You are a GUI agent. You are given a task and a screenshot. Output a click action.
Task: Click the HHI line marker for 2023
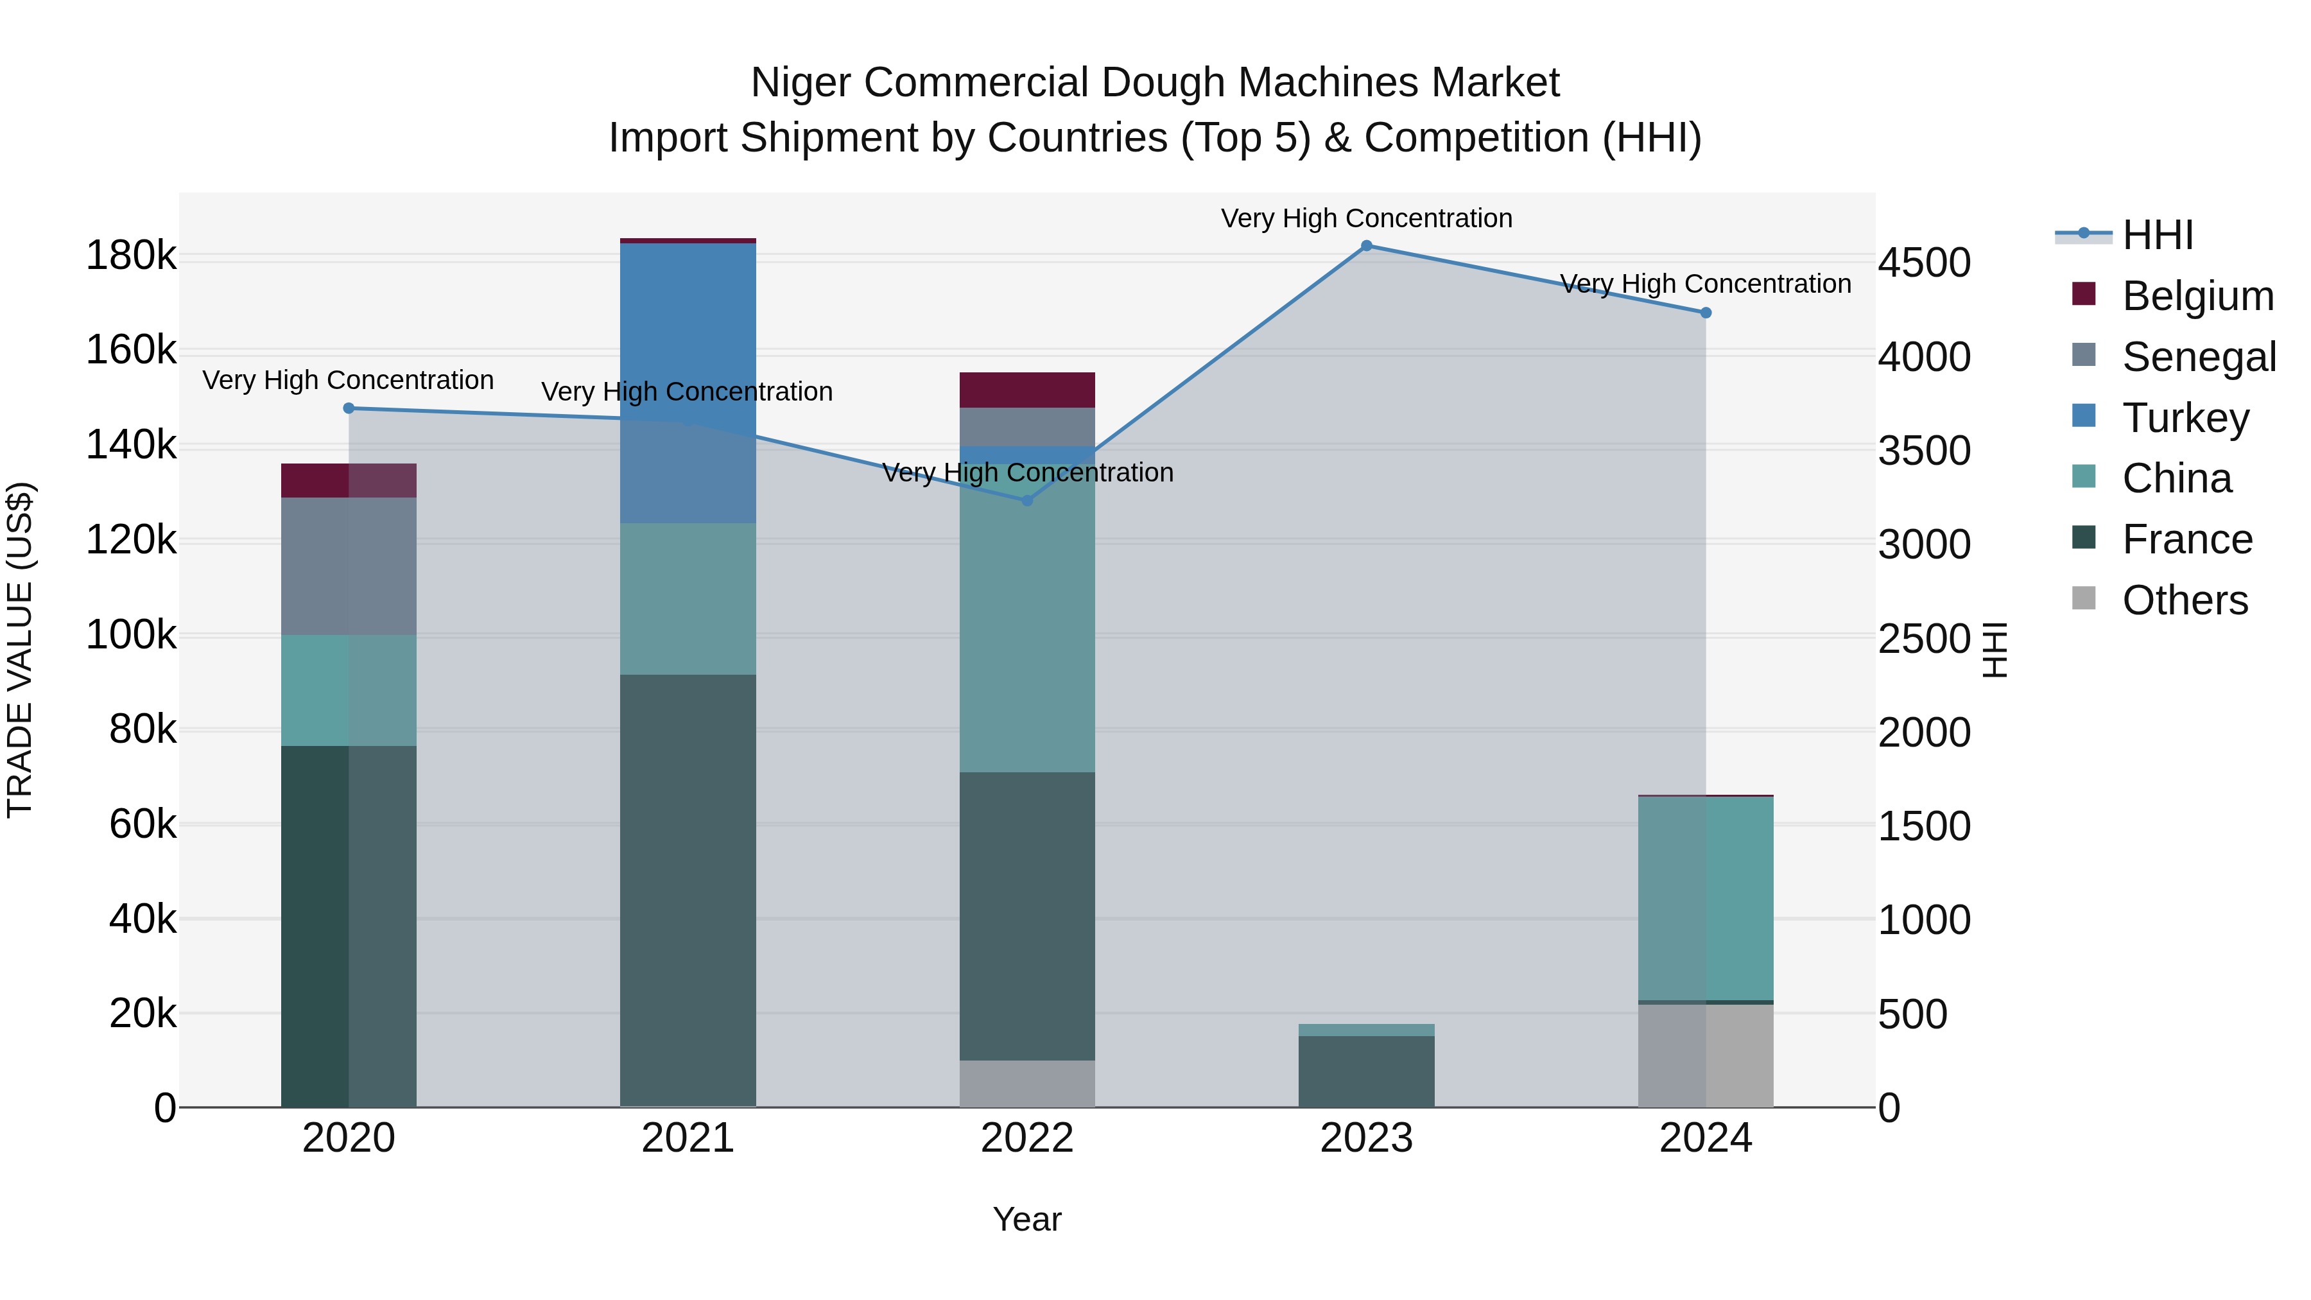point(1366,246)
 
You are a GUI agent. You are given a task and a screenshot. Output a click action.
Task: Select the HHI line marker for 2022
point(1027,501)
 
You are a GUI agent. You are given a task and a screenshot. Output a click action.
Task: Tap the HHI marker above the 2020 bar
point(349,408)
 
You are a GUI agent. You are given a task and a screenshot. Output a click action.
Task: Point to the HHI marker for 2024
point(1706,313)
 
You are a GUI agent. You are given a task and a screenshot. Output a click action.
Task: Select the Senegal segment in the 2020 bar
point(349,566)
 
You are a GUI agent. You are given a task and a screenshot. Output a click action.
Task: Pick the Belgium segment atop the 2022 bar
point(1027,390)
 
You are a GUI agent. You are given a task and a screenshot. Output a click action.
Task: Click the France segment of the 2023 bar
point(1366,1071)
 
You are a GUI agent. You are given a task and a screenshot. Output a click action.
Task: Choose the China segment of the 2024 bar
point(1706,898)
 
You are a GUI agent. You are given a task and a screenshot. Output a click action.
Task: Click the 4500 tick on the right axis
point(1925,264)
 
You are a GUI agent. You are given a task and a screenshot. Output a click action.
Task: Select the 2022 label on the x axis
point(1027,1138)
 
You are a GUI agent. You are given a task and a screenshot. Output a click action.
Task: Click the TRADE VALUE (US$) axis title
point(21,650)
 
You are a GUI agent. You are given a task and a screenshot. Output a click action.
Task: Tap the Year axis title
point(1027,1219)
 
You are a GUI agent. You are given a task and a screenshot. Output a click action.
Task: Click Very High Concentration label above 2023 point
point(1366,218)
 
